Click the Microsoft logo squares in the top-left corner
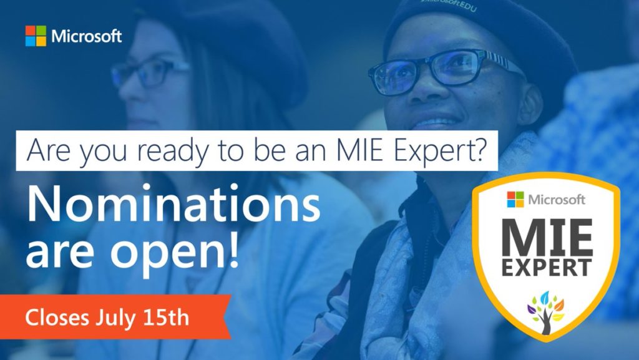tap(36, 36)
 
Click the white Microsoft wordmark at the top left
tap(87, 36)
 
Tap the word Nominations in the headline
tap(173, 203)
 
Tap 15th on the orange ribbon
tap(166, 317)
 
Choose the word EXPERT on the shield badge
tap(546, 268)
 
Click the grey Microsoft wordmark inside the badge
tap(557, 200)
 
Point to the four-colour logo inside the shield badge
tap(515, 200)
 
